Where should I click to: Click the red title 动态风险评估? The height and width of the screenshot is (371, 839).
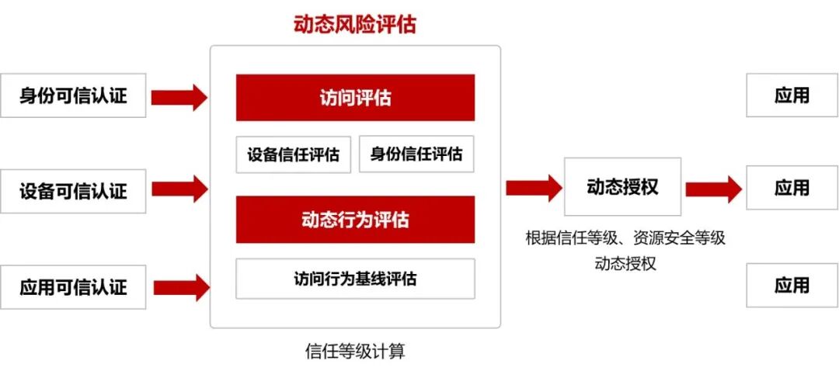[355, 24]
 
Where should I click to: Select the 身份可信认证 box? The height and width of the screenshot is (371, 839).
[73, 95]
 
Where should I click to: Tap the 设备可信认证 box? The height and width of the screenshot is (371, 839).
[73, 190]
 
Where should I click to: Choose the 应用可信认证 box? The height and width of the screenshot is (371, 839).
[73, 287]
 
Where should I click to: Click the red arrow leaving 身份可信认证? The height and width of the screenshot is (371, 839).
[179, 97]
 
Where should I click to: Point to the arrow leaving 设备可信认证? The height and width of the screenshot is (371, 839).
[179, 189]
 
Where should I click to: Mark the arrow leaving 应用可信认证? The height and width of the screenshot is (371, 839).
[179, 286]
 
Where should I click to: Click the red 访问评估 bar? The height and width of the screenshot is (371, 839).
[355, 98]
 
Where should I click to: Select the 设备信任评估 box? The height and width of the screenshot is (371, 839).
[294, 154]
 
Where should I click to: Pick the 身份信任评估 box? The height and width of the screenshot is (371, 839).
[416, 154]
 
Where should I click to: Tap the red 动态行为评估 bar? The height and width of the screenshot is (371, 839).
[355, 220]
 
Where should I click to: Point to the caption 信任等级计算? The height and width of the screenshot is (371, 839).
[355, 352]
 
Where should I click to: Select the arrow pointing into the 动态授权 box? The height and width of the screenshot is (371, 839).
[534, 187]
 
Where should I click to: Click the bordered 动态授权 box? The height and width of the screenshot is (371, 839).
[622, 187]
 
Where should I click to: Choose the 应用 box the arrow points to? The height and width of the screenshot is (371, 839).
[792, 188]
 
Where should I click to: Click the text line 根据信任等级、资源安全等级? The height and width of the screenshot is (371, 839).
[625, 238]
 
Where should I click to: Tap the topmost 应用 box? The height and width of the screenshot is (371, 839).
[792, 95]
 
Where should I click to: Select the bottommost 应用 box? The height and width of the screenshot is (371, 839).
[792, 285]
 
